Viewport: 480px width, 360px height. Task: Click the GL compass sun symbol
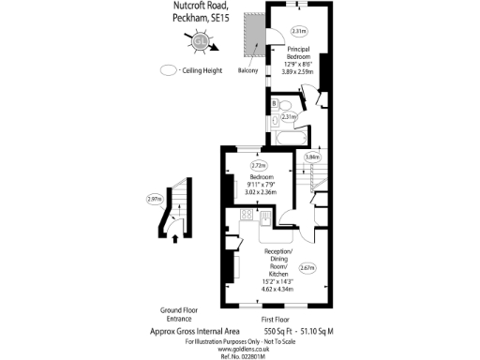click(x=200, y=41)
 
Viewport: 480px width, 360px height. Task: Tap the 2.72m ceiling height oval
click(x=259, y=166)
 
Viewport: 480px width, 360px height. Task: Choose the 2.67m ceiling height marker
click(x=307, y=268)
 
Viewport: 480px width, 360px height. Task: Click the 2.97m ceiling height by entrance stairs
click(x=154, y=199)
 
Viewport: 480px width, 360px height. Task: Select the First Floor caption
click(x=275, y=320)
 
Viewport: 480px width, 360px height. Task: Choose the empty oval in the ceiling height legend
click(x=169, y=69)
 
